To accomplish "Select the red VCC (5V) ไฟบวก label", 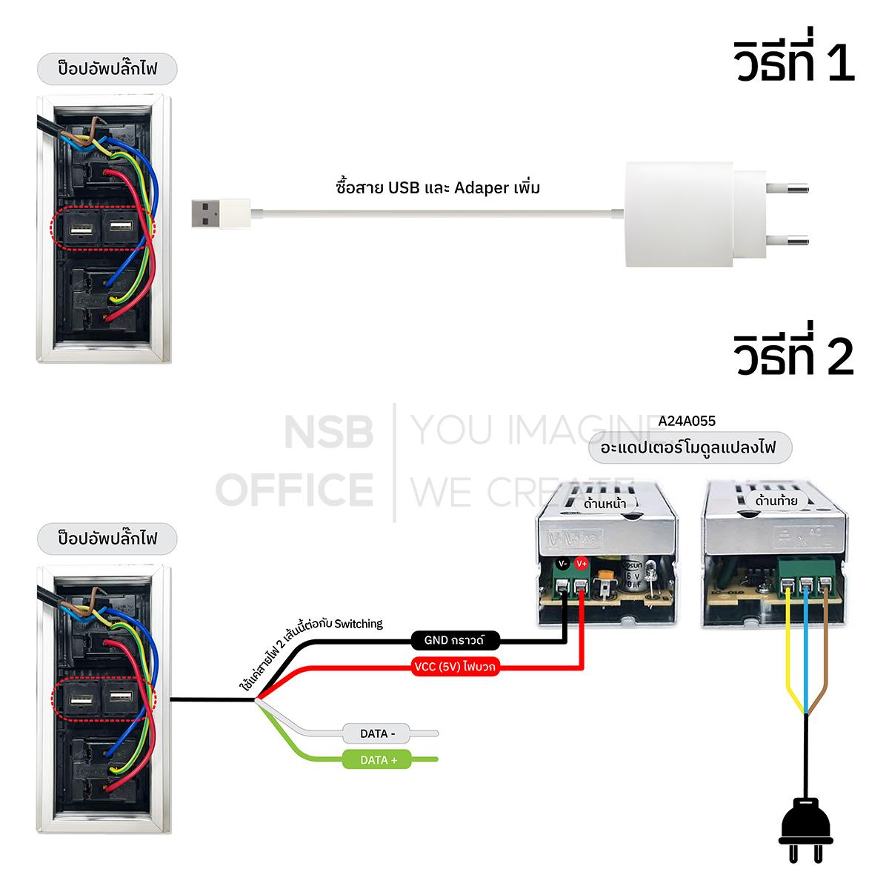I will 454,666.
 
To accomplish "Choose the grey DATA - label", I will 378,733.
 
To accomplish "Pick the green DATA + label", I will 378,760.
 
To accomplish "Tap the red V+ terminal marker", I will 581,564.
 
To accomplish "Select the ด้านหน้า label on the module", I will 605,504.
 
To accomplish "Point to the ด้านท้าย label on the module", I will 776,501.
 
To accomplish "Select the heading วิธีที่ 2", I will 793,357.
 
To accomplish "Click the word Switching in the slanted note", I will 359,624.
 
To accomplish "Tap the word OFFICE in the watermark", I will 298,489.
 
